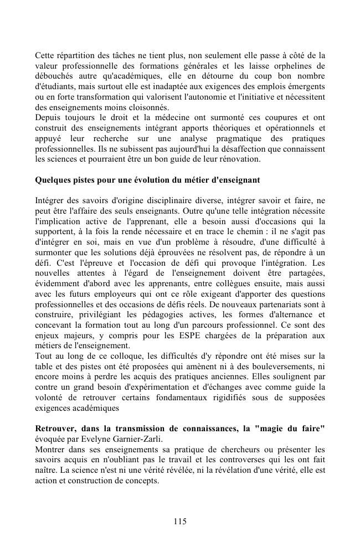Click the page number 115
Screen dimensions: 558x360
pos(179,521)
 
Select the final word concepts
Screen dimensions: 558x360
pos(143,481)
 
